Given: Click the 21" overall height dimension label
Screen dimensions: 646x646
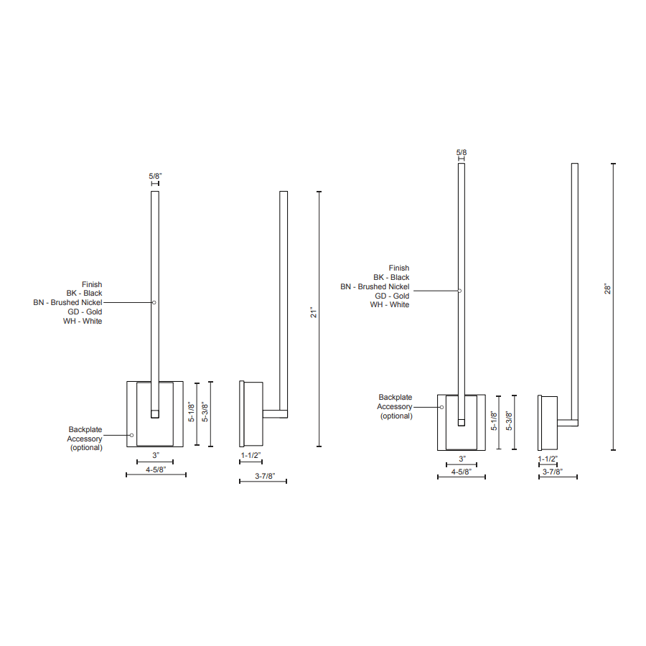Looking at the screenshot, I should [313, 313].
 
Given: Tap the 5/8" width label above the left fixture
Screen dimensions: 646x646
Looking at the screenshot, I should [155, 176].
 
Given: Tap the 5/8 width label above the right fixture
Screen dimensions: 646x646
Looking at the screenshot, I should [461, 152].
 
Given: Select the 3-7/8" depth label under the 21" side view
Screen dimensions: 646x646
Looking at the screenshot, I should [263, 476].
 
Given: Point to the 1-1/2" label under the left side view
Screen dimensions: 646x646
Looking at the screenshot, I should [251, 455].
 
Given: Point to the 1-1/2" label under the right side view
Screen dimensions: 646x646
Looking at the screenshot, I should [548, 458].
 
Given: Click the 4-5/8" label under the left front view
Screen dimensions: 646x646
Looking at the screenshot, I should [155, 469].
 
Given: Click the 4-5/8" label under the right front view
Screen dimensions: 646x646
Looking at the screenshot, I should [461, 472].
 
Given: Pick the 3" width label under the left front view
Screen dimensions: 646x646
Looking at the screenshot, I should [155, 455].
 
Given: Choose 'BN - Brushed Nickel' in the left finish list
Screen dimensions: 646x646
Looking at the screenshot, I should [67, 303].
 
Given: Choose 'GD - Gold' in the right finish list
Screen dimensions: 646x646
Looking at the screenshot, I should [392, 296].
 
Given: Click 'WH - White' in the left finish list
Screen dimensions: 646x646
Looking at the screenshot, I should [83, 321].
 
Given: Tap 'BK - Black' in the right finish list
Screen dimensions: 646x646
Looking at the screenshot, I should [391, 277].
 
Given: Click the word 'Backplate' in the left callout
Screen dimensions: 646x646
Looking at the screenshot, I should [85, 429].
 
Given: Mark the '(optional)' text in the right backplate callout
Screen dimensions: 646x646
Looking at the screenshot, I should [396, 416].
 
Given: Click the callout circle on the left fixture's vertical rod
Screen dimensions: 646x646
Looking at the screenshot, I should [154, 302].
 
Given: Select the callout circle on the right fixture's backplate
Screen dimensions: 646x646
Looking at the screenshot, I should [442, 407].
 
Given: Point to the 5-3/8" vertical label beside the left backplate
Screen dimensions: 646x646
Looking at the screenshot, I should [205, 413].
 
